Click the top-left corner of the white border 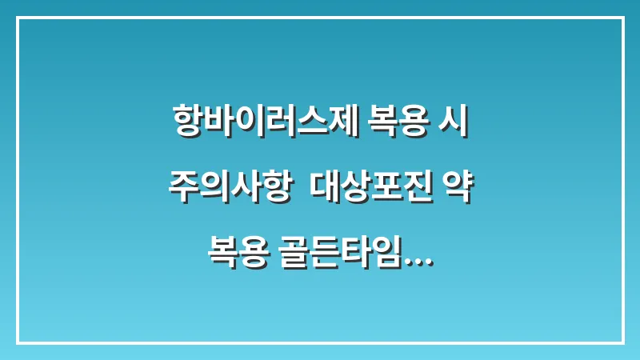pos(18,18)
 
